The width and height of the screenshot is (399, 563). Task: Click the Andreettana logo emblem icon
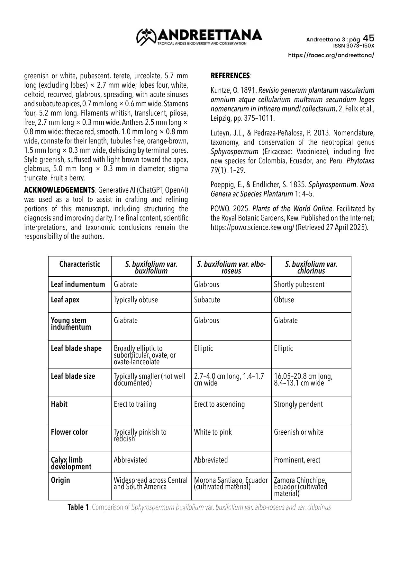146,37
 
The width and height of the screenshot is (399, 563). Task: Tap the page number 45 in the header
368,39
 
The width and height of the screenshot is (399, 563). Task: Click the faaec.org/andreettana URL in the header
331,55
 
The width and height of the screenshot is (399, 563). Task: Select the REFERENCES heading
230,76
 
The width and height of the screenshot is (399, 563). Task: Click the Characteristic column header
79,264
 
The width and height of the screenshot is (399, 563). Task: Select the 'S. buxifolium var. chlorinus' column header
311,267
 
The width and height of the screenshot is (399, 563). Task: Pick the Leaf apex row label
65,300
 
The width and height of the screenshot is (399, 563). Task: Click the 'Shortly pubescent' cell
299,284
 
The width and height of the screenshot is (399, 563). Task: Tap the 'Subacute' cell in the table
207,300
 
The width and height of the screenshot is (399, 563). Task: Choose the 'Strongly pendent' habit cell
298,404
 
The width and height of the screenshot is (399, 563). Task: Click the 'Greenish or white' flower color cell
298,432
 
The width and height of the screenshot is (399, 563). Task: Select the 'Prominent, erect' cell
297,460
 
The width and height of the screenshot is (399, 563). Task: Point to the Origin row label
60,480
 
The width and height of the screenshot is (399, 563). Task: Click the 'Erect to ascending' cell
219,404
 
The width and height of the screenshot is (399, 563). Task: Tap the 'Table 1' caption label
78,507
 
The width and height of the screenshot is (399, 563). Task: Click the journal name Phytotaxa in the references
360,161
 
